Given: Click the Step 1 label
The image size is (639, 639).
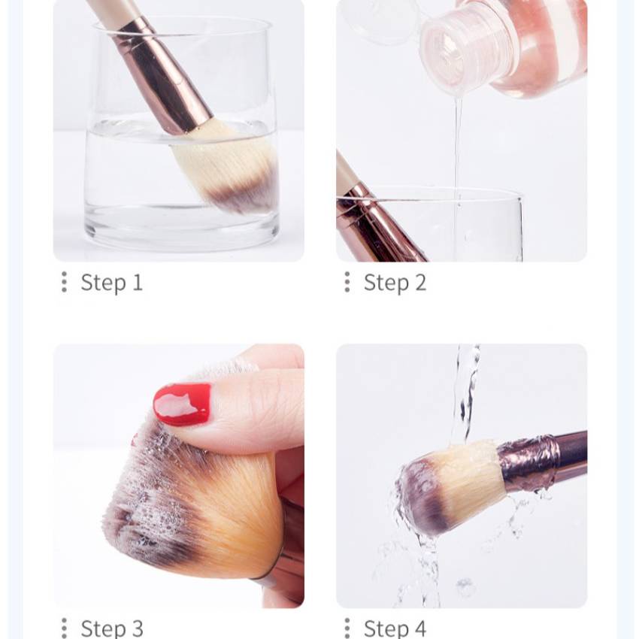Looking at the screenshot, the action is pyautogui.click(x=112, y=283).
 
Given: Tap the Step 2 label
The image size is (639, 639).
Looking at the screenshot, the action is pyautogui.click(x=395, y=283).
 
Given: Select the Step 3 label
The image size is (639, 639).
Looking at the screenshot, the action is pyautogui.click(x=112, y=628).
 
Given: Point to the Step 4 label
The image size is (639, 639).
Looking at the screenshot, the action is pyautogui.click(x=395, y=628).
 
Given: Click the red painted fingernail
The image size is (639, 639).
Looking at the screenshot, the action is pyautogui.click(x=182, y=404).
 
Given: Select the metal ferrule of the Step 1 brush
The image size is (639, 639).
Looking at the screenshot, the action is pyautogui.click(x=163, y=77).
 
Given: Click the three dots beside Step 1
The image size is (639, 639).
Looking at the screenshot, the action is pyautogui.click(x=64, y=282).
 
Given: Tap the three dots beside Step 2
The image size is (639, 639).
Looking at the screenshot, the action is pyautogui.click(x=347, y=282).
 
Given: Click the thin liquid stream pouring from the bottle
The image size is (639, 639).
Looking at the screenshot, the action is pyautogui.click(x=458, y=151).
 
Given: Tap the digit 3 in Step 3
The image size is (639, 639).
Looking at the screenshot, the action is pyautogui.click(x=137, y=628).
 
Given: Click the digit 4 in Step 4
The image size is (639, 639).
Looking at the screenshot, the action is pyautogui.click(x=420, y=628).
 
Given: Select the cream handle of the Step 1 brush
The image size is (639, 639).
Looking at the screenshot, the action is pyautogui.click(x=109, y=11).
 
